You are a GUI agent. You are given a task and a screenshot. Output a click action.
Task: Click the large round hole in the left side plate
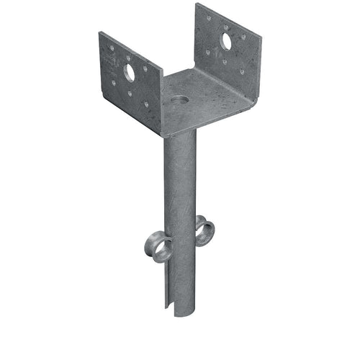(x=131, y=71)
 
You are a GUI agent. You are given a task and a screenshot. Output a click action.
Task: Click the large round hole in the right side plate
(x=226, y=41)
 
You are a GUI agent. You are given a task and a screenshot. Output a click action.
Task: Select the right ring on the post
(x=204, y=232)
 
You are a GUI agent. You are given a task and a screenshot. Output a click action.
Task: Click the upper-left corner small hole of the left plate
(x=111, y=48)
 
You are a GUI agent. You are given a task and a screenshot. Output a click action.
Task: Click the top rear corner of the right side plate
(x=196, y=4)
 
